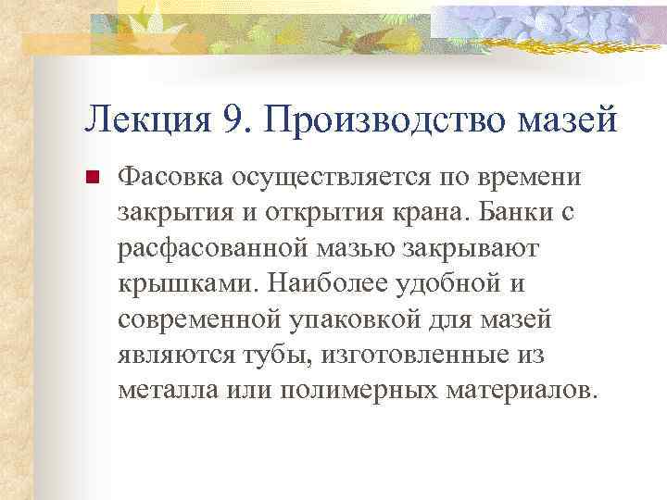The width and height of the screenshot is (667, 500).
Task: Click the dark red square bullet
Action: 92,176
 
